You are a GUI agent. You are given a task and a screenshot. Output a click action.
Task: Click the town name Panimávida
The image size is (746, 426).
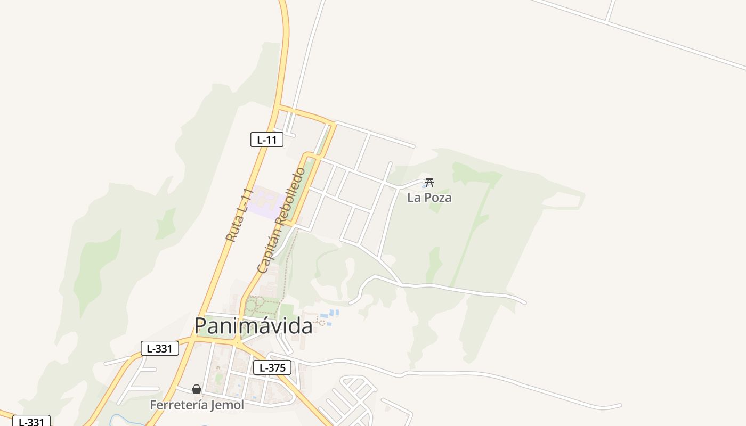click(253, 326)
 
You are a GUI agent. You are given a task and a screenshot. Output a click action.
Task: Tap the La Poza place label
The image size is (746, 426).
click(429, 198)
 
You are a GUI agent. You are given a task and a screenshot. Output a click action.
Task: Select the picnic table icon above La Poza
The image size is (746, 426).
click(429, 183)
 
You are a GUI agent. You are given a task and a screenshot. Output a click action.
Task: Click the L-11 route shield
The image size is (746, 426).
click(266, 140)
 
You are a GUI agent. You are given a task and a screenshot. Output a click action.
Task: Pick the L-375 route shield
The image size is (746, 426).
click(272, 367)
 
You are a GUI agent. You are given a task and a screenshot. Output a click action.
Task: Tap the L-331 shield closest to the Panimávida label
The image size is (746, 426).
click(159, 349)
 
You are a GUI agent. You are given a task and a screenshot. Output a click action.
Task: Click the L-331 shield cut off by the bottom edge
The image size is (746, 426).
click(31, 421)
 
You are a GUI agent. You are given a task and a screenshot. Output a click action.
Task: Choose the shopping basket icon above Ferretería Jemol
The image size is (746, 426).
click(197, 389)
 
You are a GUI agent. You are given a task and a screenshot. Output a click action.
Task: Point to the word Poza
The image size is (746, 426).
click(437, 198)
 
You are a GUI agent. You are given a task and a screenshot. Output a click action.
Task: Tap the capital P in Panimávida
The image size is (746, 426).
click(200, 326)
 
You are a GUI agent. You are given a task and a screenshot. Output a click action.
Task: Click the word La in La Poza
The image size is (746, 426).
click(414, 198)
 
